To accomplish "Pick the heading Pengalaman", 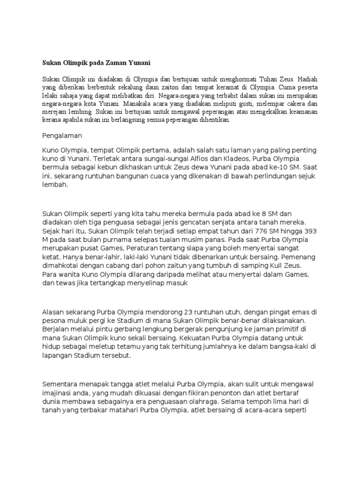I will [x=62, y=135].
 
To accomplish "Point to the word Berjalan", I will [x=56, y=329].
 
